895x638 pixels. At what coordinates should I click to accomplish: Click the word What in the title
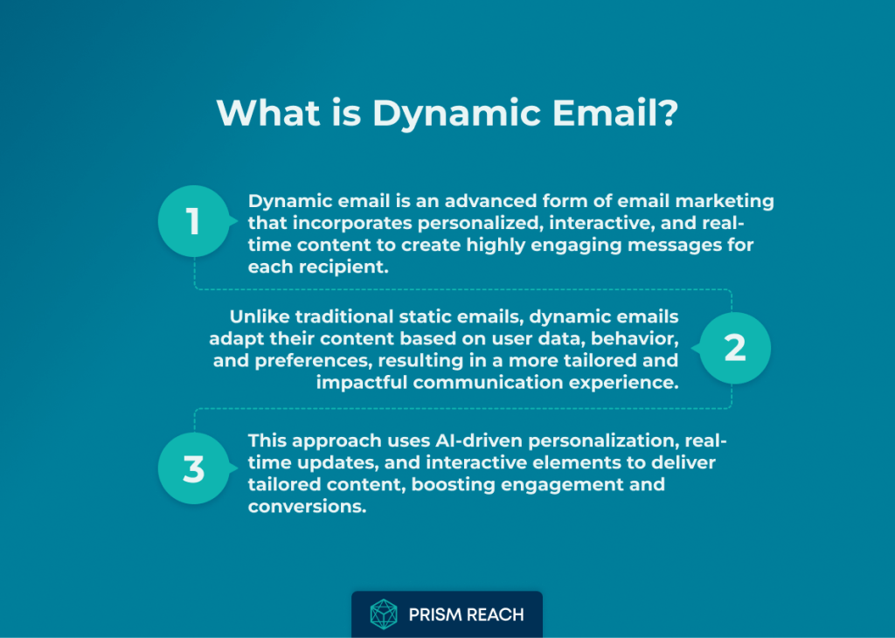point(267,112)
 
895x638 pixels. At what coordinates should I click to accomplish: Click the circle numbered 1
point(194,221)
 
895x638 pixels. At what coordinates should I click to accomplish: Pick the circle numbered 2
point(735,348)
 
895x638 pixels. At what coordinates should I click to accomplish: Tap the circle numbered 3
point(194,468)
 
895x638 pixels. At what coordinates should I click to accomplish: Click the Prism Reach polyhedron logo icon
point(384,614)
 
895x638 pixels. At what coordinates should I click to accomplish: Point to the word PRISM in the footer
point(435,614)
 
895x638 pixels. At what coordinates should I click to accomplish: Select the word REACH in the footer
point(495,614)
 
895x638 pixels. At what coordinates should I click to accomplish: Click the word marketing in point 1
point(725,202)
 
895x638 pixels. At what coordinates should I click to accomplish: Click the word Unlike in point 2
point(259,316)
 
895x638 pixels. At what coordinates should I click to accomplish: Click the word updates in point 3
point(336,463)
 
